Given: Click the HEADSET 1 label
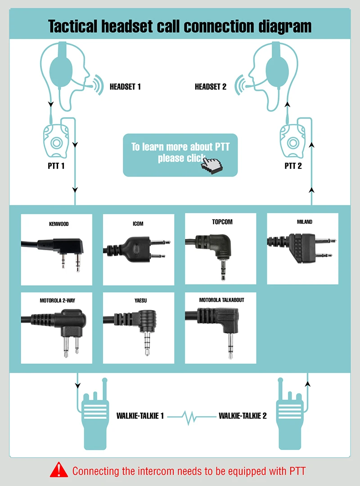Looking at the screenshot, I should click(x=125, y=87).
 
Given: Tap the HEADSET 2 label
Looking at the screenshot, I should click(x=211, y=87).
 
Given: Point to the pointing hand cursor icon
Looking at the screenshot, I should click(x=213, y=165).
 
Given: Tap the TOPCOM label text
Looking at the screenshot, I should click(x=222, y=222).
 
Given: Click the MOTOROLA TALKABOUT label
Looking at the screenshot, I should click(x=221, y=300).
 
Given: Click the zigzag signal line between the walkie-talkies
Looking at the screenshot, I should click(x=193, y=417).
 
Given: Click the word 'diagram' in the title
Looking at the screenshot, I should click(x=282, y=27).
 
